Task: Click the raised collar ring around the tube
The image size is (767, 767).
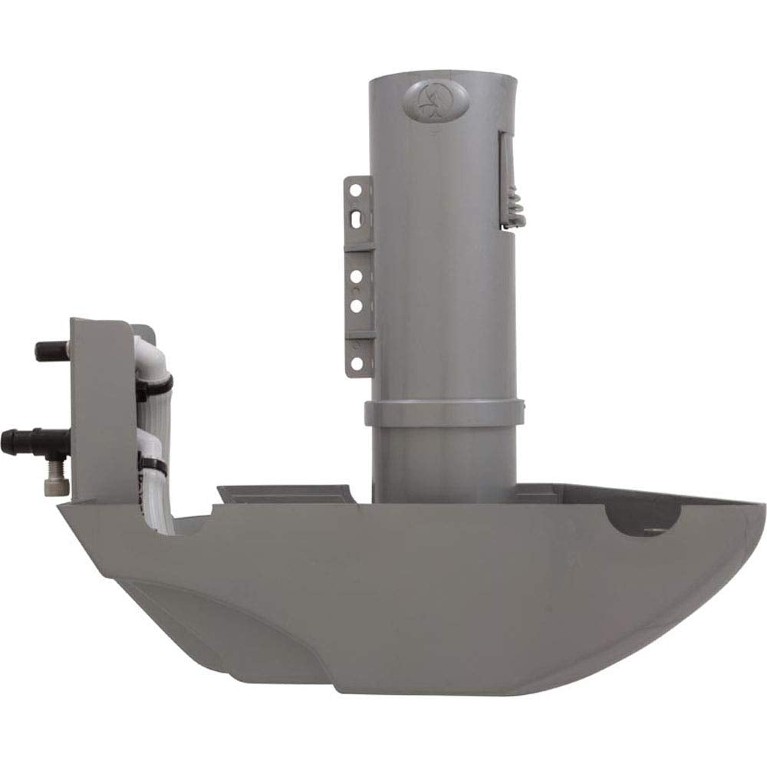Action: click(444, 412)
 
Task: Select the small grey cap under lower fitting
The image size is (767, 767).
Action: click(55, 486)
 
